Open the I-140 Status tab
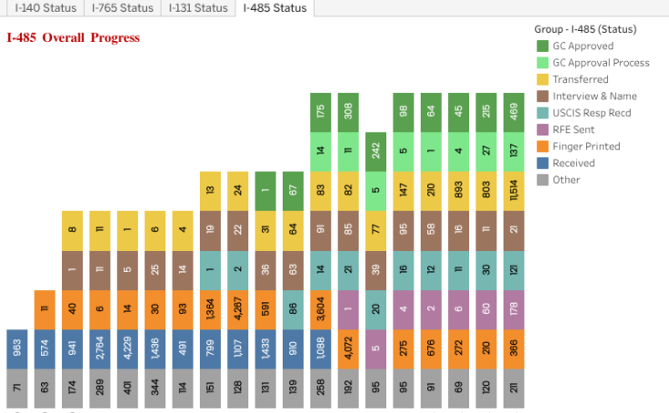(x=44, y=8)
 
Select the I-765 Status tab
(x=124, y=8)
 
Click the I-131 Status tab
(x=198, y=8)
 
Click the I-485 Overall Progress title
(x=74, y=38)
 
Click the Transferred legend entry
(x=580, y=79)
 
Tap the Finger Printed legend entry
(x=585, y=146)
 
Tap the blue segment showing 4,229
(x=127, y=348)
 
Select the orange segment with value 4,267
(x=237, y=309)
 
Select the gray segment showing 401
(x=127, y=388)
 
